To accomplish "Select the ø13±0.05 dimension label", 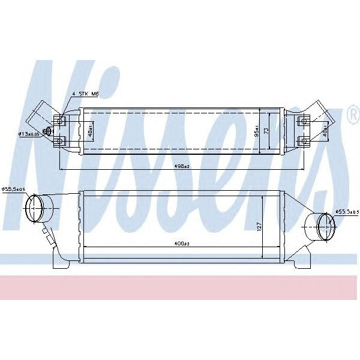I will (x=29, y=134).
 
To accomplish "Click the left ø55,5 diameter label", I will (x=13, y=190).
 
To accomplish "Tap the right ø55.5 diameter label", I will (x=347, y=211).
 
